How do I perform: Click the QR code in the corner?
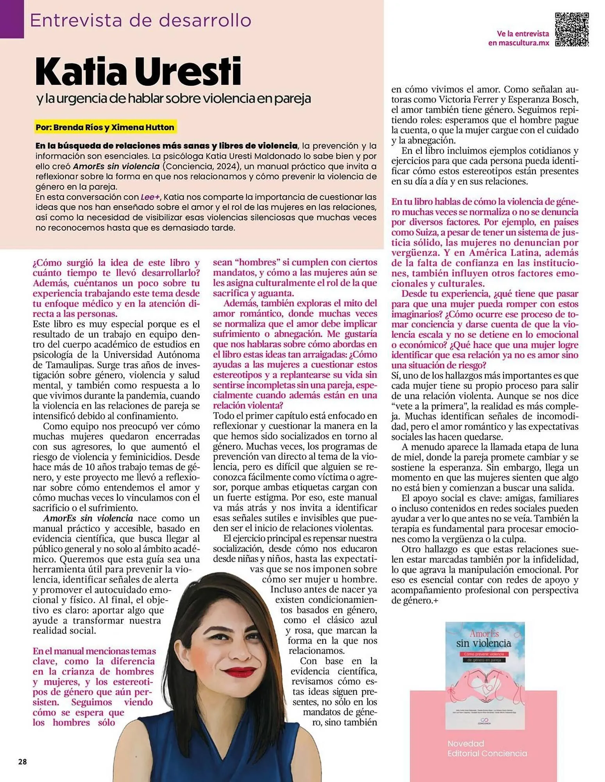tap(572, 30)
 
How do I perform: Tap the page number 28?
tap(22, 762)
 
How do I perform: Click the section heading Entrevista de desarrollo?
tap(140, 20)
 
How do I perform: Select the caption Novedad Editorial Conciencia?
tap(487, 748)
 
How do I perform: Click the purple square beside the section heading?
tap(12, 19)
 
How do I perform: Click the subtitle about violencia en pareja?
tap(174, 99)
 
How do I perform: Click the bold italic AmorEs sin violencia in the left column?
tap(88, 518)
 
